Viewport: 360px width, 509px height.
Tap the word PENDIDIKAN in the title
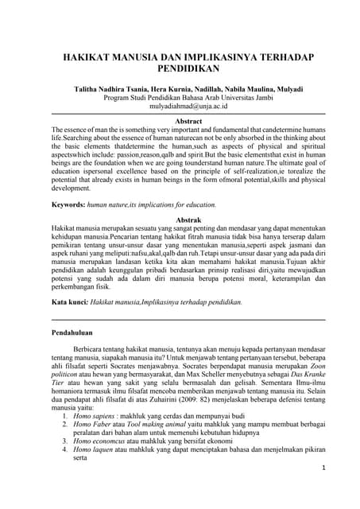(180, 70)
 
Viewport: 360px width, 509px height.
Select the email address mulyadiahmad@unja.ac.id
(180, 106)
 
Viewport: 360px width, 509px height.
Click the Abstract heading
(180, 119)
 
